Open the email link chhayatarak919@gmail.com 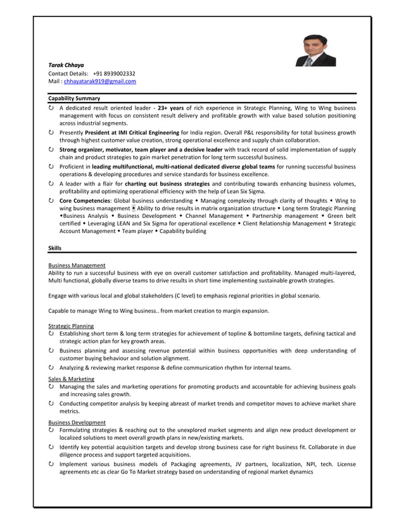pyautogui.click(x=100, y=81)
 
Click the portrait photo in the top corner pyautogui.click(x=315, y=51)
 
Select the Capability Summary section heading pyautogui.click(x=74, y=98)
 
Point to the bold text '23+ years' pyautogui.click(x=170, y=108)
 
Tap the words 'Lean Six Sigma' pyautogui.click(x=244, y=191)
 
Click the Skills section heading pyautogui.click(x=55, y=248)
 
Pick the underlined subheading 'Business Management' pyautogui.click(x=77, y=265)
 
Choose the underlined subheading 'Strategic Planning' pyautogui.click(x=71, y=325)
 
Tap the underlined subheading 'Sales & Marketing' pyautogui.click(x=71, y=379)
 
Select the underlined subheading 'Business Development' pyautogui.click(x=77, y=422)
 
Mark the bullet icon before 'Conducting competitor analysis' pyautogui.click(x=51, y=403)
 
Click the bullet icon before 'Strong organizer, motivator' pyautogui.click(x=51, y=149)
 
